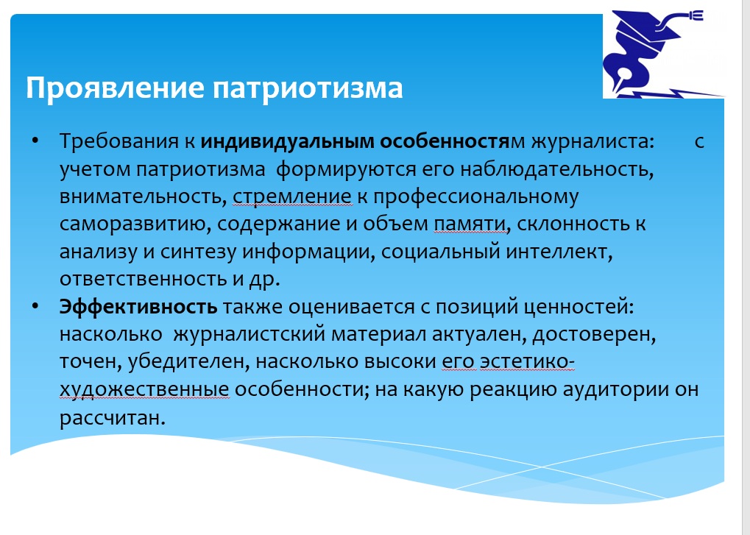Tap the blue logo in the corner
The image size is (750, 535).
(x=663, y=54)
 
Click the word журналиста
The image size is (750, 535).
(x=592, y=141)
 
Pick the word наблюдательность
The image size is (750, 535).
(x=556, y=169)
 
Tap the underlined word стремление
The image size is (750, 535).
(x=292, y=197)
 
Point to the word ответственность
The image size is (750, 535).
(x=144, y=279)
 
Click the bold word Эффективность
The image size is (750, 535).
(x=138, y=306)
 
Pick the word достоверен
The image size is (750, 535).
(x=594, y=334)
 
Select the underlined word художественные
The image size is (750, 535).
(x=144, y=389)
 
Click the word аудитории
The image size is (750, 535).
(x=615, y=389)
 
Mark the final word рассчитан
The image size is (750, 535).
(x=113, y=418)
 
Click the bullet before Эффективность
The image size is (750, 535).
(x=35, y=306)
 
